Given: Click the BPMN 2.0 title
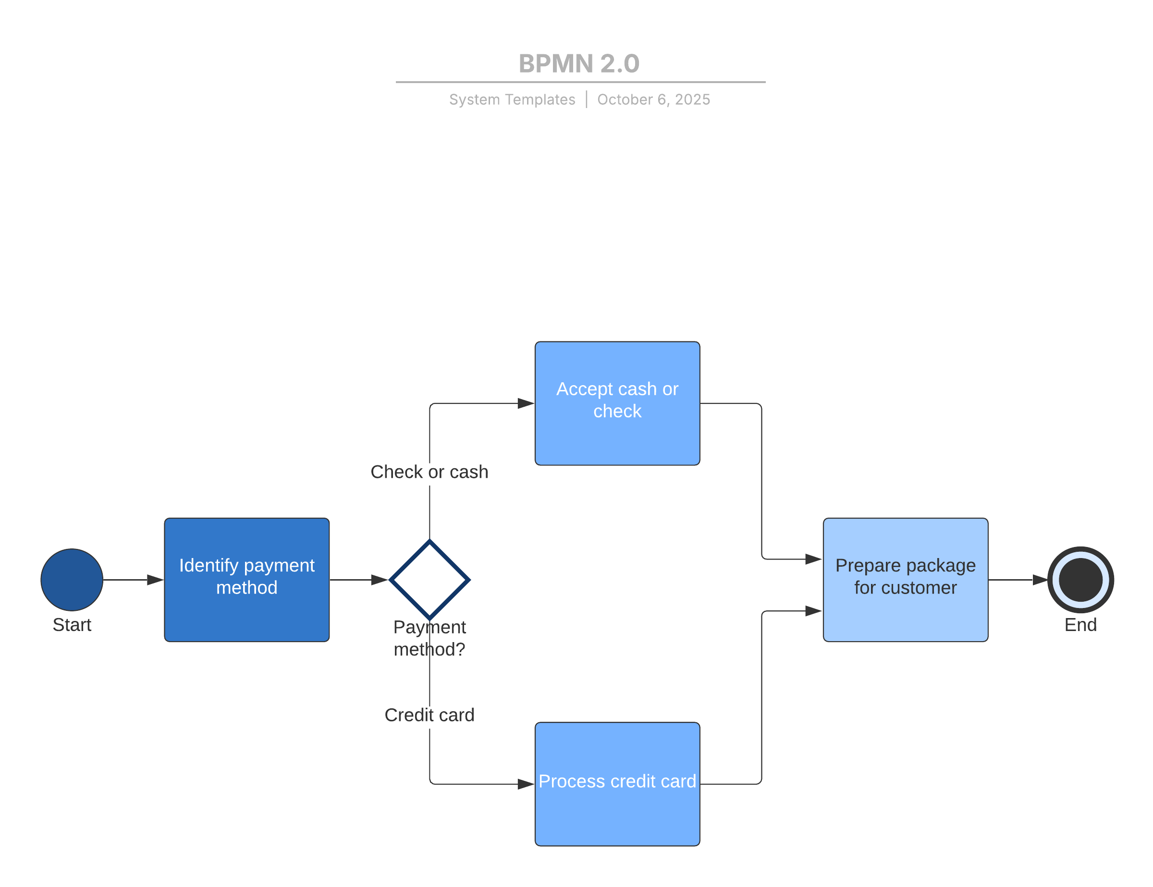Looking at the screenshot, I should [578, 64].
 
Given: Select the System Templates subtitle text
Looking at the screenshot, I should [512, 100].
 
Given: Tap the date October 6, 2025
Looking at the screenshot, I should [653, 100].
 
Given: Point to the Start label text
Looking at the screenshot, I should [72, 625].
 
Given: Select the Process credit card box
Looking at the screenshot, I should [617, 784].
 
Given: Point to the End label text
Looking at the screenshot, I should [1080, 625].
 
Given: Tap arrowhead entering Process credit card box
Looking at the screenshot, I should [526, 784].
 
